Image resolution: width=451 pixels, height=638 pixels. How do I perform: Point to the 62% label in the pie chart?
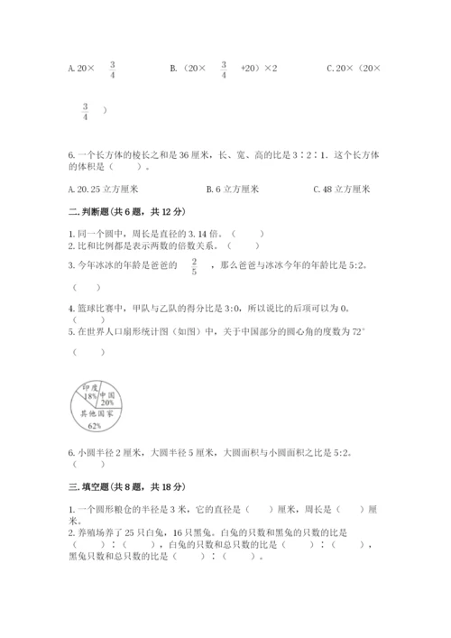[95, 426]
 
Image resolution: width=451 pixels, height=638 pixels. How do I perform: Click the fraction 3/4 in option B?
[222, 69]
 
